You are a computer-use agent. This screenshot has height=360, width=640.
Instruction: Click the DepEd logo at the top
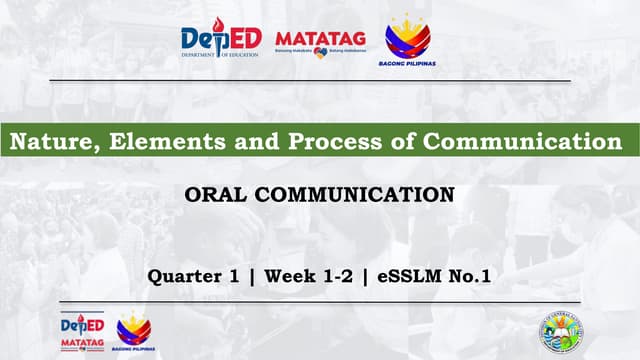point(220,41)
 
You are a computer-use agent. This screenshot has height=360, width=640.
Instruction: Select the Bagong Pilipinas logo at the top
point(408,38)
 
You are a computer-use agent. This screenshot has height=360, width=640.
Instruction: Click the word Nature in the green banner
point(45,142)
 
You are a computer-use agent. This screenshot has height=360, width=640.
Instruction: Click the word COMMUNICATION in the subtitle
point(357,194)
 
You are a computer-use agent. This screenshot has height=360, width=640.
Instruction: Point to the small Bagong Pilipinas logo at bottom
point(133,331)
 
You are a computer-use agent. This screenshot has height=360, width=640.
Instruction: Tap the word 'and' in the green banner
point(233,142)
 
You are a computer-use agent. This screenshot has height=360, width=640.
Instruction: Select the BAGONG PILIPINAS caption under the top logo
point(408,63)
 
